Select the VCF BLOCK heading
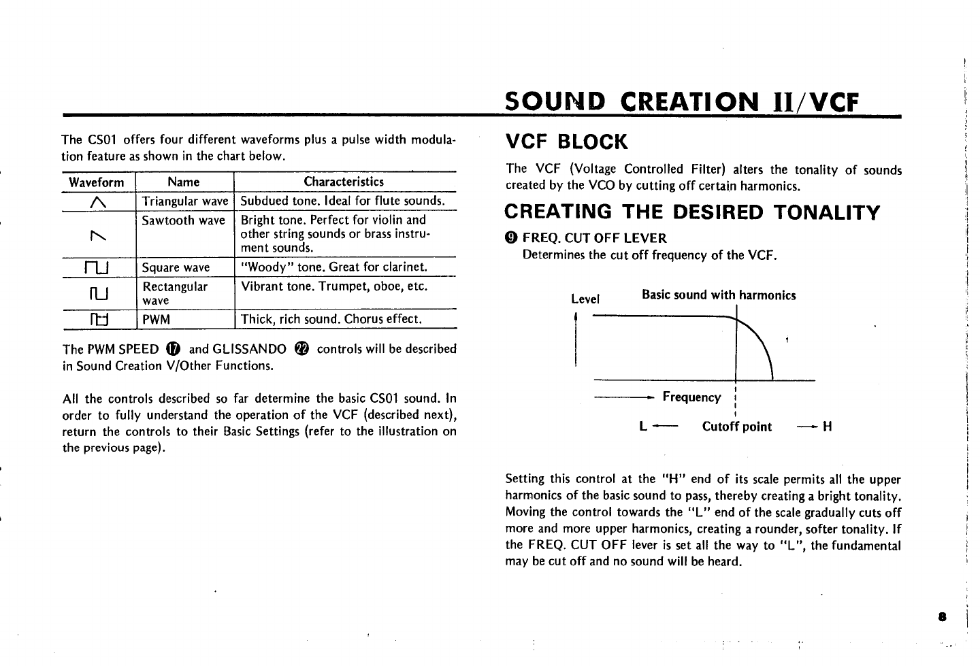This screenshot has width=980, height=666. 566,142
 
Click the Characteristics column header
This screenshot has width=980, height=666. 344,182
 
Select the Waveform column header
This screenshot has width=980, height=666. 97,182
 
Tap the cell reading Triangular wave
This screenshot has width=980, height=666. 184,201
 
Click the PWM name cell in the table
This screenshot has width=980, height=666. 156,319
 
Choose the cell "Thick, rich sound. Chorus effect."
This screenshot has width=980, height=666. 331,319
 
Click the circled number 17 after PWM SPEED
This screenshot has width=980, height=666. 173,349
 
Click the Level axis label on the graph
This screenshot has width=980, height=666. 585,299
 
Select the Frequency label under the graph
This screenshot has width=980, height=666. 691,397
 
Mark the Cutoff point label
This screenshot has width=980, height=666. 737,427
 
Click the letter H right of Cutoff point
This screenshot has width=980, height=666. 828,427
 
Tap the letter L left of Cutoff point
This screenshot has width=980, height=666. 643,427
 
